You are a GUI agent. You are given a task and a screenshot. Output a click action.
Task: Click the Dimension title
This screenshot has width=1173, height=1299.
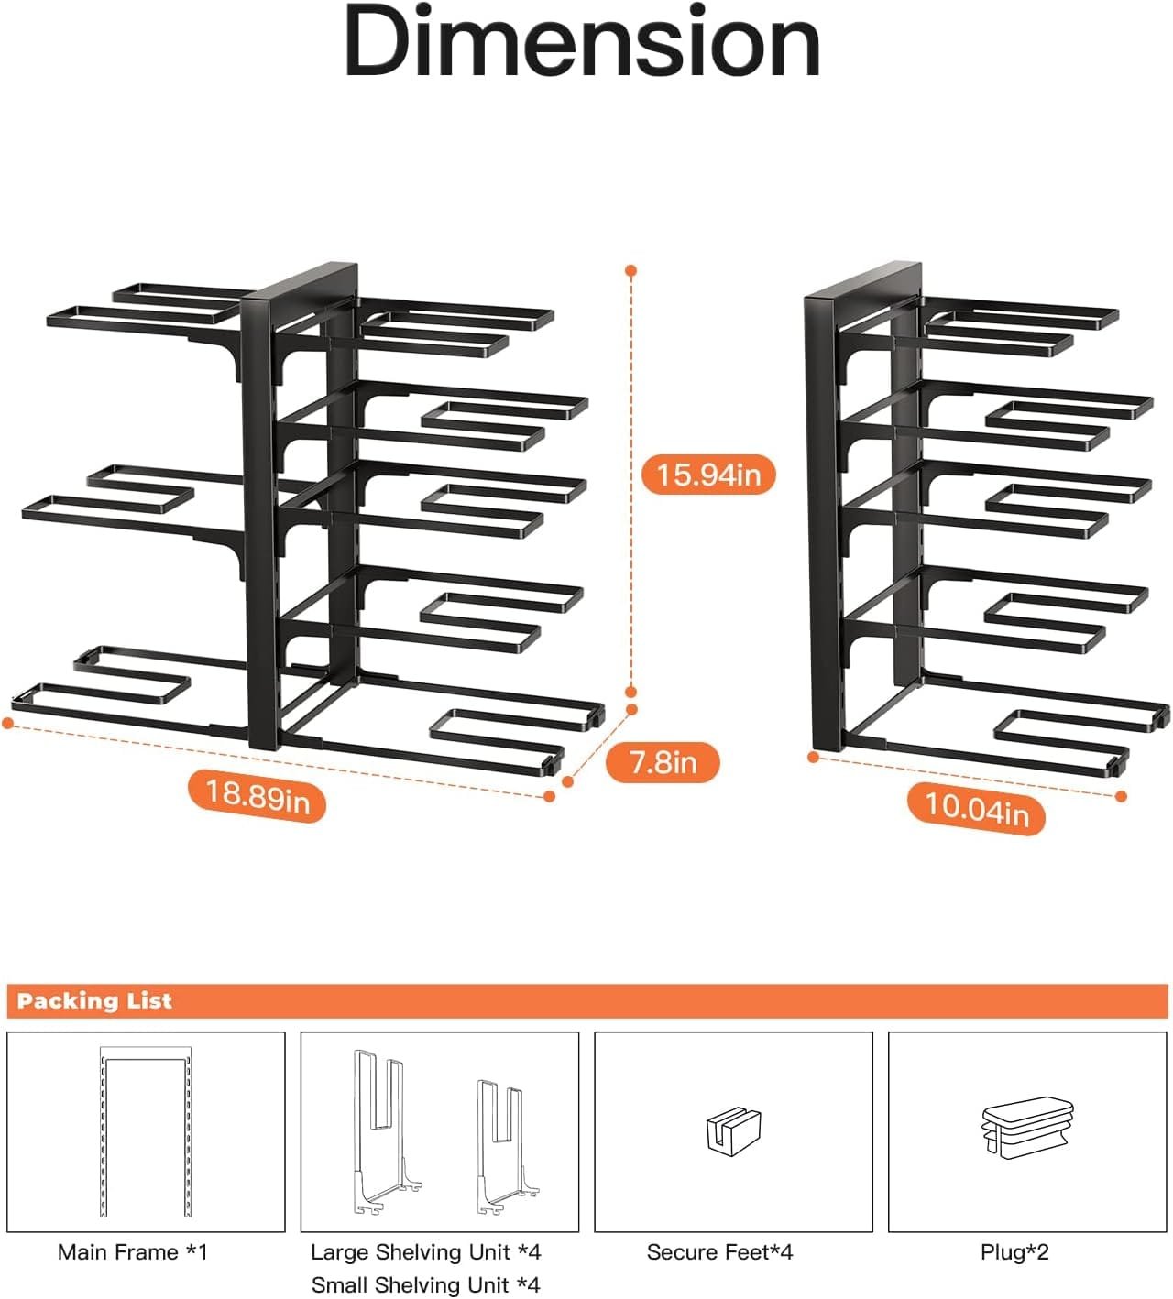582,41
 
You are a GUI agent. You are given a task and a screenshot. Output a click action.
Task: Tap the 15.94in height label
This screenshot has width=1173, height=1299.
708,475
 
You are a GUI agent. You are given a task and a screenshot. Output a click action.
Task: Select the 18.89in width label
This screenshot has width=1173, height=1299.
258,795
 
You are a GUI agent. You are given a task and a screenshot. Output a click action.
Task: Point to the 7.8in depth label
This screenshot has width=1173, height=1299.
663,761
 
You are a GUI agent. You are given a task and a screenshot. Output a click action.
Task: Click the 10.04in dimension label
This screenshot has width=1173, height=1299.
977,809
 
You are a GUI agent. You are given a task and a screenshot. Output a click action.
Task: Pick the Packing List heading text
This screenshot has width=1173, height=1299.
94,1000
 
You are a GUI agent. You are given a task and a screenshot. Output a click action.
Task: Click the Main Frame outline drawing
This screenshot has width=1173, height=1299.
102,1133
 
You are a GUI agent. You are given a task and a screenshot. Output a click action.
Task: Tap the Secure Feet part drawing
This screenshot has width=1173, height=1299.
733,1131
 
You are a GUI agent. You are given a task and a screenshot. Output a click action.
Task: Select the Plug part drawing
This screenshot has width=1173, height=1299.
1028,1128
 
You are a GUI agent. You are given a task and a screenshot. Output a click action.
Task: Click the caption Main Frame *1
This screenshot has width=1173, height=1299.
132,1251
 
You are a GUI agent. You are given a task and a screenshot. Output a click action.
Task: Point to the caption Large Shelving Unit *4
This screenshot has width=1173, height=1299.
426,1251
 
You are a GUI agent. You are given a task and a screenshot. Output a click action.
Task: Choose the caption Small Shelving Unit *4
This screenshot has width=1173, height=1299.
426,1284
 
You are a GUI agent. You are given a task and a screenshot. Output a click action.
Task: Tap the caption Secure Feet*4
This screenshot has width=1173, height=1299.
719,1251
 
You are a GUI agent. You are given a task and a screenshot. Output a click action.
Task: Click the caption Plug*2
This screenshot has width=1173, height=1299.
1014,1252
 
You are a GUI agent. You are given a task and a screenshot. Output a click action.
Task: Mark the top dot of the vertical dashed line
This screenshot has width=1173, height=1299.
631,270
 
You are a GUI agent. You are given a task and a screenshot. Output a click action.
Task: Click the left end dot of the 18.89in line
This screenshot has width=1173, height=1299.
7,723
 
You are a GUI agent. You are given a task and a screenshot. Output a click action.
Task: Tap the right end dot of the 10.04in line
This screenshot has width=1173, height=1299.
1121,796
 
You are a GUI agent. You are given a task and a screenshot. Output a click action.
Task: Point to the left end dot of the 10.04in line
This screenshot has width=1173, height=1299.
814,757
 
